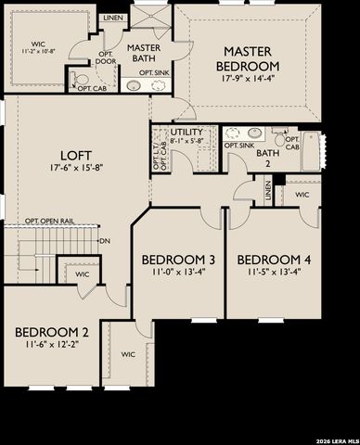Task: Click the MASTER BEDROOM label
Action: pyautogui.click(x=251, y=59)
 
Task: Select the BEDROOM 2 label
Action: pyautogui.click(x=52, y=331)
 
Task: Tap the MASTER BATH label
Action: pyautogui.click(x=145, y=53)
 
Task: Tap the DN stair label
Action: pyautogui.click(x=105, y=240)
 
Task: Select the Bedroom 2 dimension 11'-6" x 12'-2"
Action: pyautogui.click(x=52, y=344)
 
